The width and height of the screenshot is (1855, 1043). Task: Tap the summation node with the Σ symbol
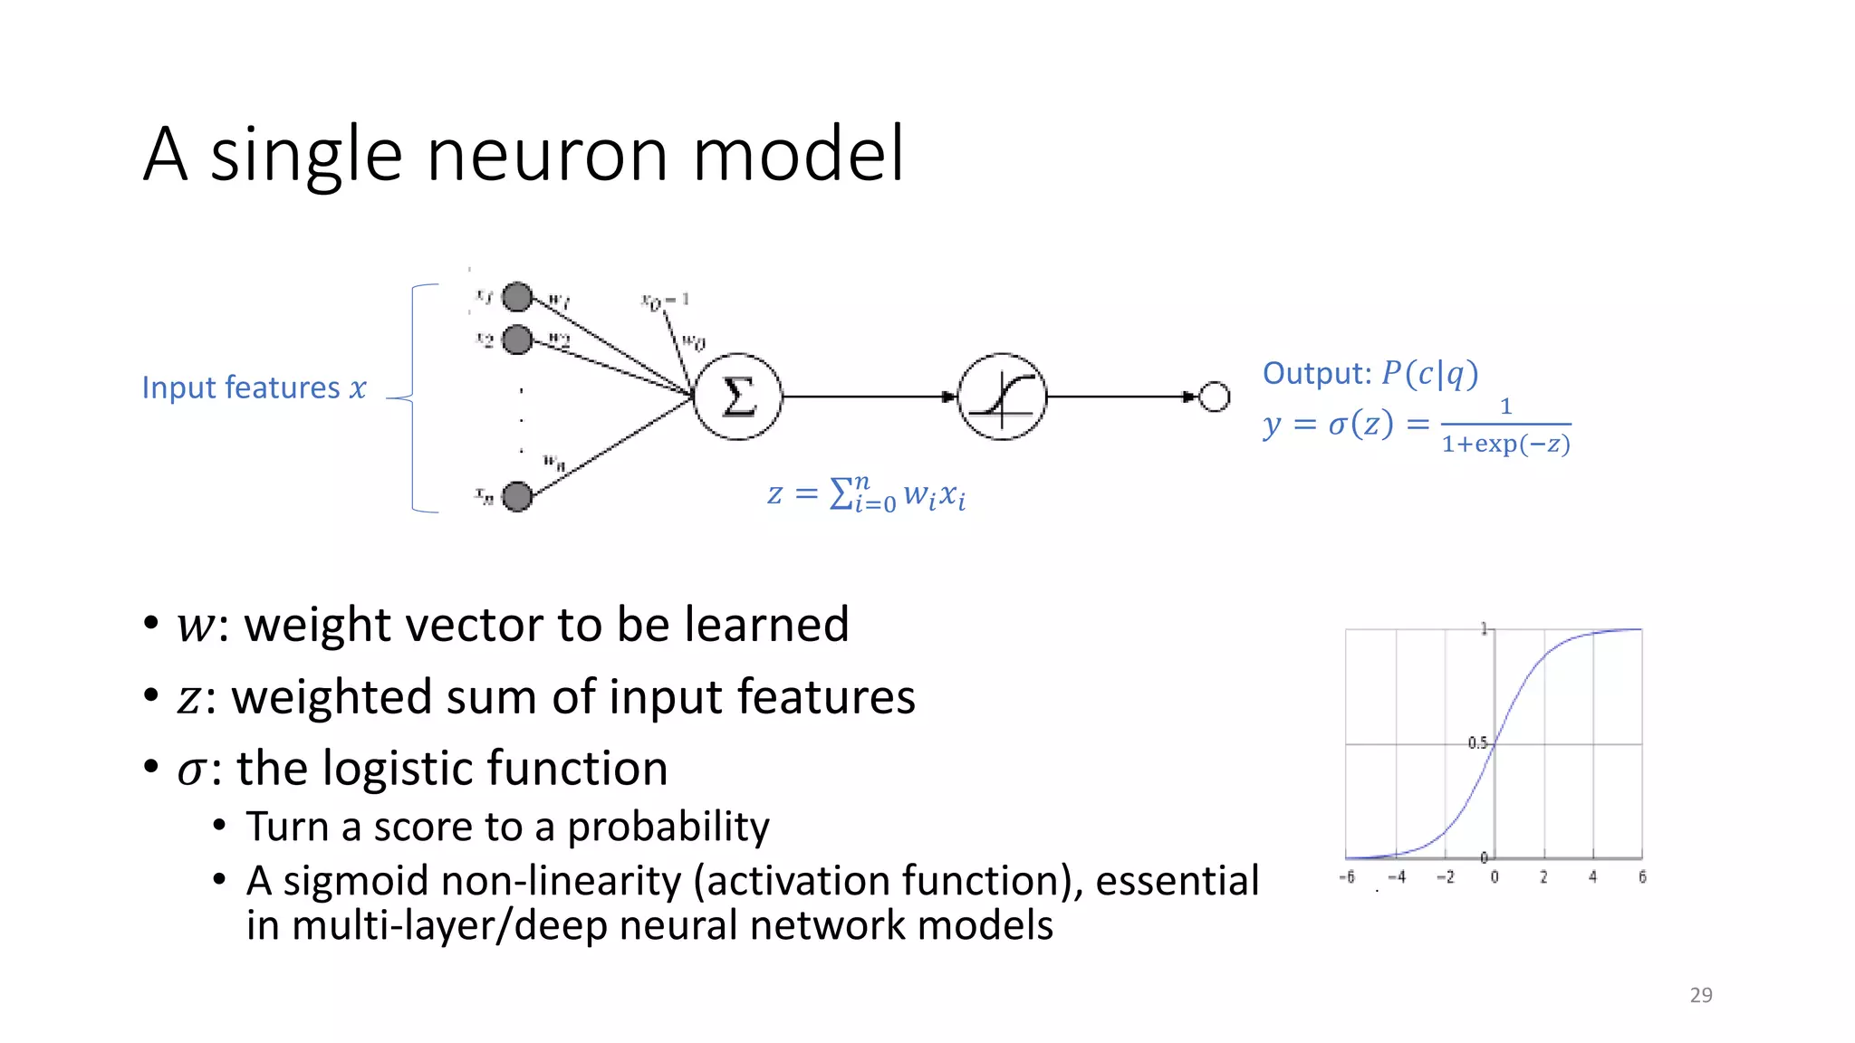pos(737,397)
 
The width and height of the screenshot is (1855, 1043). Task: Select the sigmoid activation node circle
pos(1002,397)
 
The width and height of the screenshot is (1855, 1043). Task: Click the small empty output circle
pos(1214,397)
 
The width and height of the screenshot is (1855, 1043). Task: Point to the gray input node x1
pos(517,296)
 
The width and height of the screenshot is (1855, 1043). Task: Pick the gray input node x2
pos(517,340)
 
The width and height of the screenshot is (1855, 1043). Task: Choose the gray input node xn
pos(517,496)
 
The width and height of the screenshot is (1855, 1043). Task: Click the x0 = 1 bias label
pos(666,300)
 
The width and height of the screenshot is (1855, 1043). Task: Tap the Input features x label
pos(254,388)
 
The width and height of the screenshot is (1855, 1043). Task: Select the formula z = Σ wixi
pos(866,494)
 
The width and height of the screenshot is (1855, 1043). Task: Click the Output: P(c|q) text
pos(1370,373)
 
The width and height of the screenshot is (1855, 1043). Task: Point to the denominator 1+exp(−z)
pos(1505,444)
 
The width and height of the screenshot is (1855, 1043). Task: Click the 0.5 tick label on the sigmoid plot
pos(1476,742)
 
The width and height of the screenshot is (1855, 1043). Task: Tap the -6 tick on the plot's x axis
pos(1347,876)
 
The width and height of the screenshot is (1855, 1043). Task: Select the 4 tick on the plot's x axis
pos(1592,876)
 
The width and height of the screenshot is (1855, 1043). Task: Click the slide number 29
pos(1701,995)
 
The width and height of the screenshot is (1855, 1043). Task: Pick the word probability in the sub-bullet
pos(668,827)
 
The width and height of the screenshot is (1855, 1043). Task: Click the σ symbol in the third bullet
pos(191,770)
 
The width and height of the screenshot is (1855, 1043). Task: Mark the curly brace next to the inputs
pos(413,398)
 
